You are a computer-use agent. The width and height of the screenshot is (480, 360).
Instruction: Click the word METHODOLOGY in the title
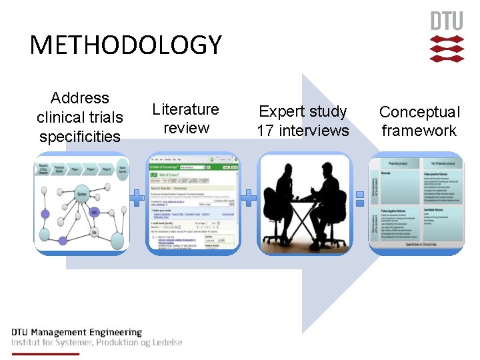(x=125, y=45)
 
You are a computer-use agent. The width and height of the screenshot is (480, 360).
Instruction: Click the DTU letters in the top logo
(x=446, y=21)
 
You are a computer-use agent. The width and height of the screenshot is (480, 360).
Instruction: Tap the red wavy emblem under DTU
(x=446, y=49)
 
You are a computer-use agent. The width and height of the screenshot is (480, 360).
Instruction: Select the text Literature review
(x=185, y=118)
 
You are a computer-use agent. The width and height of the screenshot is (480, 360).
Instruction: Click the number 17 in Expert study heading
(x=265, y=131)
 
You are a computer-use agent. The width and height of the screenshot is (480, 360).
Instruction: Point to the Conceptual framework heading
(x=419, y=121)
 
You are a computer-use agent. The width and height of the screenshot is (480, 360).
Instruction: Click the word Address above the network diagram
(x=79, y=98)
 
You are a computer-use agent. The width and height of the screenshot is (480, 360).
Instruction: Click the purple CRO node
(x=95, y=213)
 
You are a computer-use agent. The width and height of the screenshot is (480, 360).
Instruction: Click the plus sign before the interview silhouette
(x=248, y=197)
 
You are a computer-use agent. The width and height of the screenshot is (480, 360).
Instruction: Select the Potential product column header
(x=398, y=163)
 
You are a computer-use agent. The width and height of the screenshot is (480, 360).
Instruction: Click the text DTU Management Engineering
(x=77, y=332)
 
